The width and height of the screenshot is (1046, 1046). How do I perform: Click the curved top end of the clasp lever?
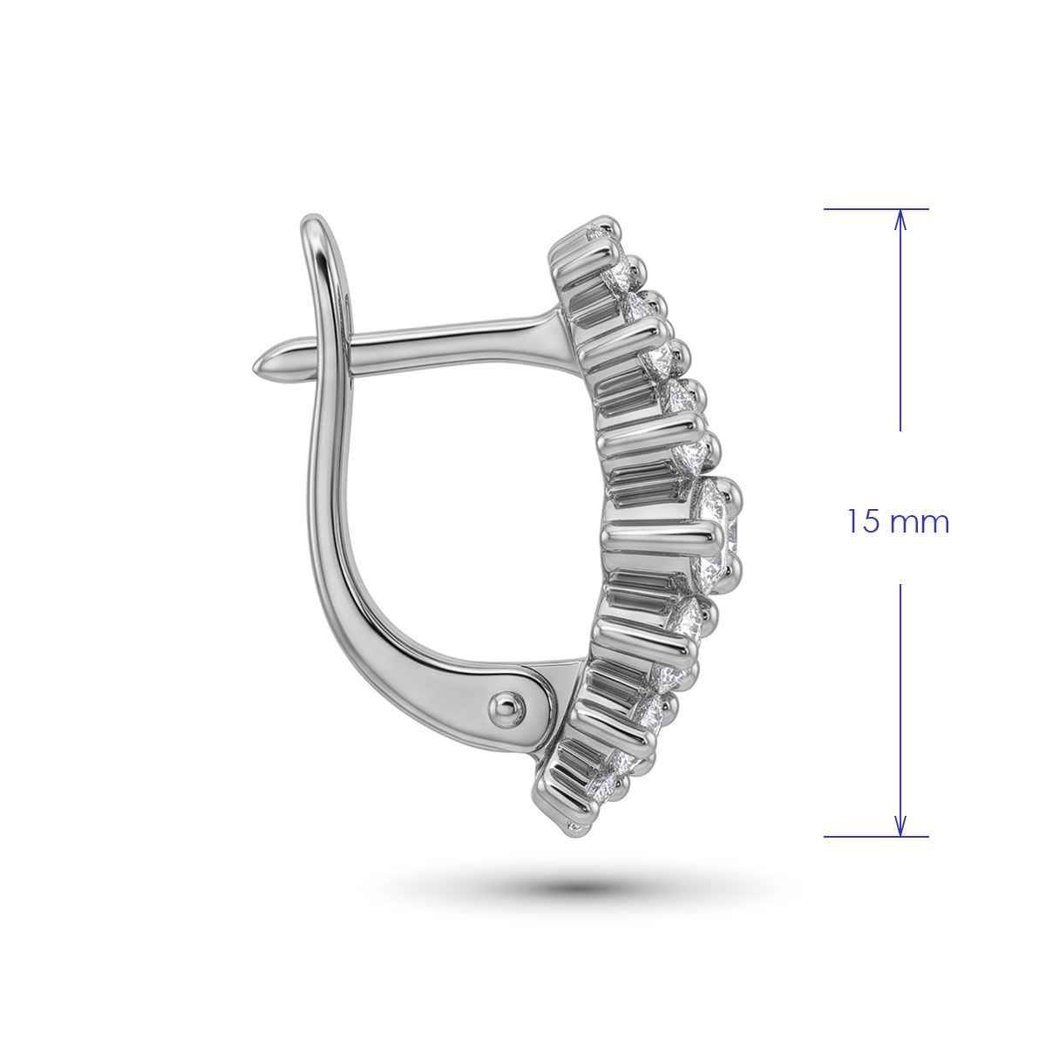click(x=316, y=222)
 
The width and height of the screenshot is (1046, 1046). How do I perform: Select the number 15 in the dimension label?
click(x=863, y=521)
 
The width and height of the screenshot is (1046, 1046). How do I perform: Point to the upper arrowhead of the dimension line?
click(x=900, y=219)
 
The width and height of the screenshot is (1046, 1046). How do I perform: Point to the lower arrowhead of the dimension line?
click(x=900, y=826)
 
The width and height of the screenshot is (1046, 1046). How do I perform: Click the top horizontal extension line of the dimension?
click(x=876, y=209)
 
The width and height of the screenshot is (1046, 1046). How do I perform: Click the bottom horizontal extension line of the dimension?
click(x=876, y=837)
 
